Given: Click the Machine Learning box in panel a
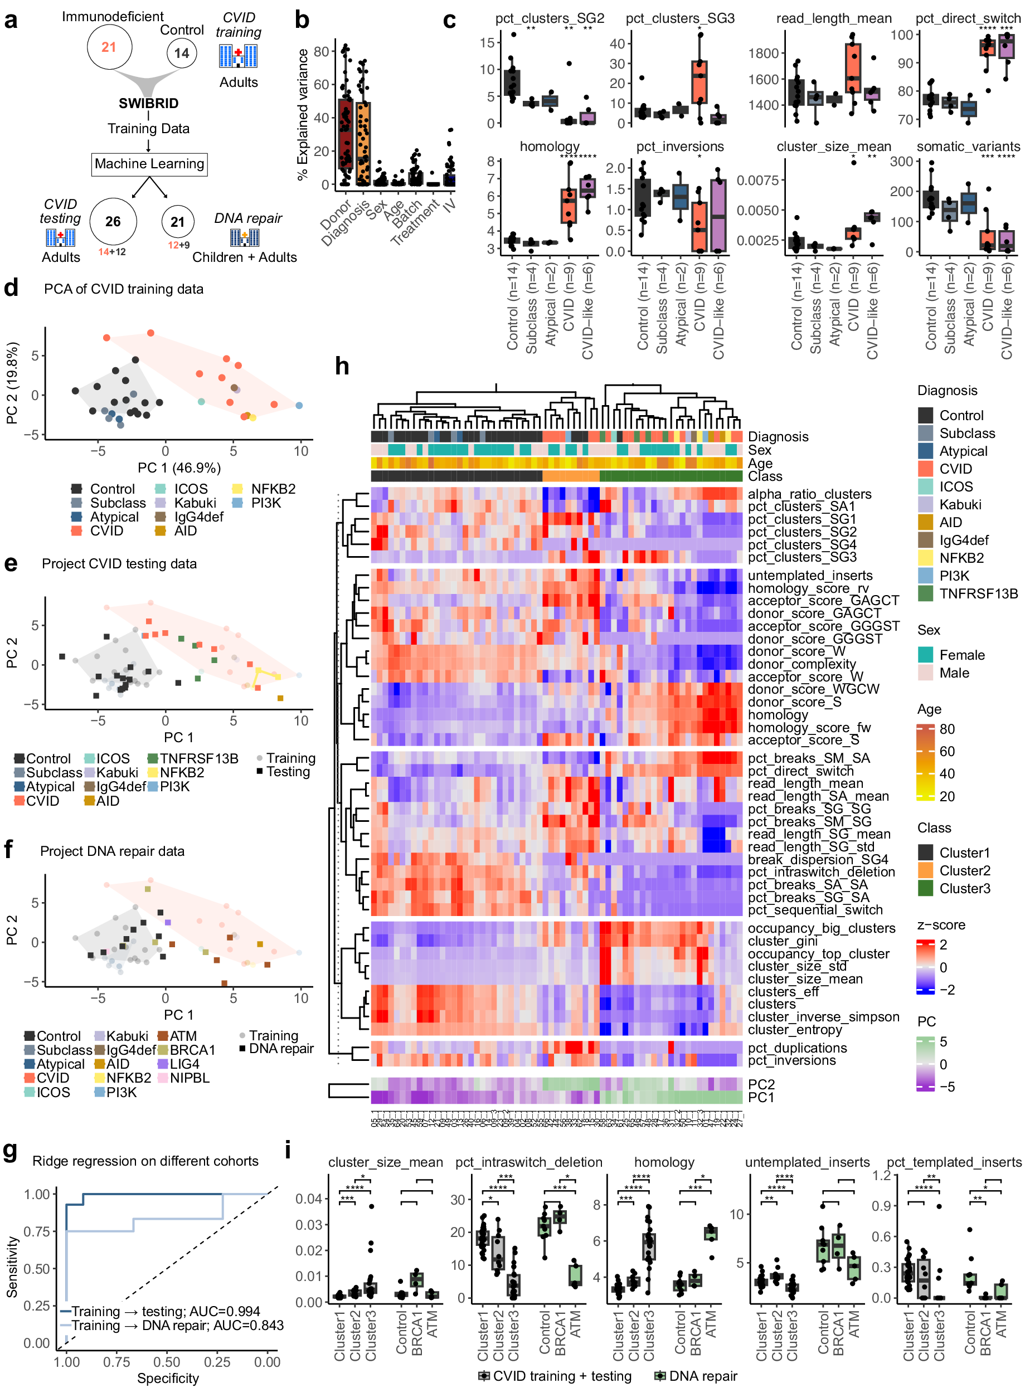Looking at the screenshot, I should click(x=149, y=164).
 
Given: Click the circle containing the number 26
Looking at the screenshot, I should click(x=113, y=221).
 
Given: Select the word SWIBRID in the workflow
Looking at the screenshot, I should click(x=149, y=104).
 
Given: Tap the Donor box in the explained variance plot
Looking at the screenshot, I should click(x=346, y=134).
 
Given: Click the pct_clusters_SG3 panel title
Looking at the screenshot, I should click(x=680, y=18).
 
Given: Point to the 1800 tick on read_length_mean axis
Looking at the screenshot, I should click(x=763, y=53).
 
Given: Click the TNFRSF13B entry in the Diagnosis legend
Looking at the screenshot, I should click(x=978, y=593).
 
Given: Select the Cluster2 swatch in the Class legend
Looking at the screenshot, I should click(x=926, y=870).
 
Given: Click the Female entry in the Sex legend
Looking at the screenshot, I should click(x=961, y=655).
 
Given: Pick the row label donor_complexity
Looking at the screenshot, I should click(x=801, y=664).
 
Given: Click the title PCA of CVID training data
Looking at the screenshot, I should click(x=124, y=289).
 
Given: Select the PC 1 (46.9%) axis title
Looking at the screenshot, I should click(x=179, y=467).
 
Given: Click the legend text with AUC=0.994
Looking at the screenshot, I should click(x=166, y=1311).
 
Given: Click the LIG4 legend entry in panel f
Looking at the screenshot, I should click(x=184, y=1064).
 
